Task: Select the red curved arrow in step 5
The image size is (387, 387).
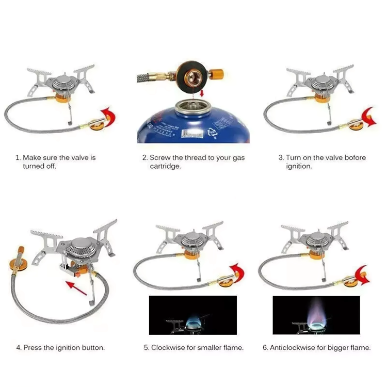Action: coord(238,270)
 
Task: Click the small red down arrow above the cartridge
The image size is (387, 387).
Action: coord(202,92)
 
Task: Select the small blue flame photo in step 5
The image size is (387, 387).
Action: coord(192,315)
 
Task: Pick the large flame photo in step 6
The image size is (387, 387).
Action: coord(316,315)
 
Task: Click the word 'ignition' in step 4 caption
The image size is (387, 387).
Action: coord(62,348)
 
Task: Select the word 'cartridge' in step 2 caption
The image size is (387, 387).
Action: coord(165,167)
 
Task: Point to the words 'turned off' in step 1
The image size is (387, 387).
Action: coord(39,167)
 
